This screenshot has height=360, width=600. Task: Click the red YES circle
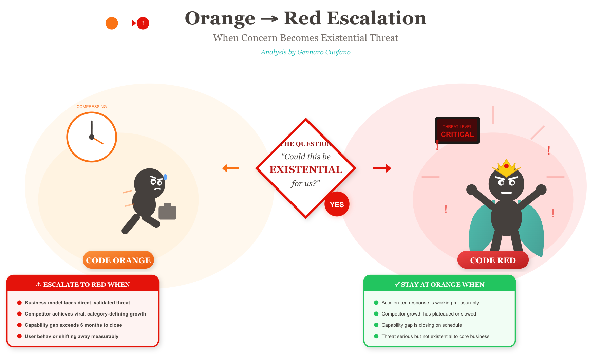[x=337, y=204]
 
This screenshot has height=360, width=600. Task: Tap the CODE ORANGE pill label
[x=118, y=260]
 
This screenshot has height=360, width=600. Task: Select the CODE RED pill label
[x=493, y=260]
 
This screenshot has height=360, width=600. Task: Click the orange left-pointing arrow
[x=230, y=168]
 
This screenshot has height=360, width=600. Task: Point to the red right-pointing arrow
[x=382, y=168]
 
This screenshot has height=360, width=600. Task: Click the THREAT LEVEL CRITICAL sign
[x=457, y=130]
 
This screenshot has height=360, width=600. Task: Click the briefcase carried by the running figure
[x=167, y=212]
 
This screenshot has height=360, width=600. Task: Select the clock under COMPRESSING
[x=92, y=137]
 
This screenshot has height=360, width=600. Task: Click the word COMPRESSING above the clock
[x=92, y=107]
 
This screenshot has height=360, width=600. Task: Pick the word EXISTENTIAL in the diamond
[x=306, y=169]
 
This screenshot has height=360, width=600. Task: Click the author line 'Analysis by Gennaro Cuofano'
[x=305, y=52]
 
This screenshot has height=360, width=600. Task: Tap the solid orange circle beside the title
[x=112, y=23]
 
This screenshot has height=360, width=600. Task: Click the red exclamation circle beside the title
[x=143, y=23]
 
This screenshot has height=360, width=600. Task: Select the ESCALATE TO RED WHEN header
[x=83, y=284]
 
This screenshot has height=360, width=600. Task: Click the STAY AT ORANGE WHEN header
[x=439, y=284]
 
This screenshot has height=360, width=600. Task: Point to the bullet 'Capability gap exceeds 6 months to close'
[x=73, y=325]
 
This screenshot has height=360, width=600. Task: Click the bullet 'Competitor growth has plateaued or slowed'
[x=429, y=314]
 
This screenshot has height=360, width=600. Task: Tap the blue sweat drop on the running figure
[x=165, y=177]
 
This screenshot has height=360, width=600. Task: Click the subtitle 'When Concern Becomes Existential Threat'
[x=305, y=38]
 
